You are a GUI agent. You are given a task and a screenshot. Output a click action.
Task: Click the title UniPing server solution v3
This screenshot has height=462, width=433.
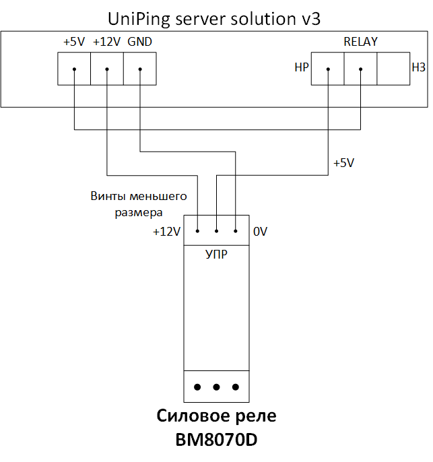tap(214, 19)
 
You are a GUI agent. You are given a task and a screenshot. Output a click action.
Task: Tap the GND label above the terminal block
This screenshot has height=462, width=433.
tap(139, 42)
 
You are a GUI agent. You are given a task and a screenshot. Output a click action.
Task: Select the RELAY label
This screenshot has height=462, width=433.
tap(360, 42)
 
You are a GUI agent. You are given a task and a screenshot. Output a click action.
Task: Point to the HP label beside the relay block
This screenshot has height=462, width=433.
tap(301, 67)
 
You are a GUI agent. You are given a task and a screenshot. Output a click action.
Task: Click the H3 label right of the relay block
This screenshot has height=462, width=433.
tap(419, 67)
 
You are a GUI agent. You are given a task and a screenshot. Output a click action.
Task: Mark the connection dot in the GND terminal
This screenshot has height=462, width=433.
tap(140, 69)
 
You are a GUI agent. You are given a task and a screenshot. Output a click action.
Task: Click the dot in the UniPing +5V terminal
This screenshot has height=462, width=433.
tap(75, 69)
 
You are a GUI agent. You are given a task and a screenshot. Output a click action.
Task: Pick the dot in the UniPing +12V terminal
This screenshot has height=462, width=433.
tap(107, 69)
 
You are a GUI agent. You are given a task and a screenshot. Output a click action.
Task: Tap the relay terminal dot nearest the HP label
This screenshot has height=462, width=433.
tap(328, 69)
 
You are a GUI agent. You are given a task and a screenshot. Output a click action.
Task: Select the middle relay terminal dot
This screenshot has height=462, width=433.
tap(360, 69)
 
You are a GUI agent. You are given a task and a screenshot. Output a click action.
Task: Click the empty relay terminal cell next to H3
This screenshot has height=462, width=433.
tap(393, 69)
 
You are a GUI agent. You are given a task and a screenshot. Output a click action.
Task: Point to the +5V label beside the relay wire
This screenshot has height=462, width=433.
tap(343, 163)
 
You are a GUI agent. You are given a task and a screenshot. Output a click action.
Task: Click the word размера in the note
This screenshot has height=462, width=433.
tap(139, 213)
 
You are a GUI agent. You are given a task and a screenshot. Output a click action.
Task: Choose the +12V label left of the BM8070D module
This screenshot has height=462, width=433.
tap(167, 232)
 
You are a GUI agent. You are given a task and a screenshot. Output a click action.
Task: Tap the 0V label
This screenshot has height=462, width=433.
tap(260, 232)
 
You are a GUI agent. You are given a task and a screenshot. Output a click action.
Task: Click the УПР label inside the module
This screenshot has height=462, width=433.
tap(217, 255)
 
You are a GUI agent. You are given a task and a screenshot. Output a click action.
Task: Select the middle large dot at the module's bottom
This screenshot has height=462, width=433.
tap(217, 387)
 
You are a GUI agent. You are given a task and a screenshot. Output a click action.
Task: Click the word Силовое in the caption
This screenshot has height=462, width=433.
tap(193, 416)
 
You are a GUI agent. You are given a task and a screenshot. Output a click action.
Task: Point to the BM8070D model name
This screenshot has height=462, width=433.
tap(217, 440)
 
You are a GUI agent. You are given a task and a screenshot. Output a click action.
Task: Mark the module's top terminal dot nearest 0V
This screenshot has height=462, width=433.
tap(236, 231)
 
